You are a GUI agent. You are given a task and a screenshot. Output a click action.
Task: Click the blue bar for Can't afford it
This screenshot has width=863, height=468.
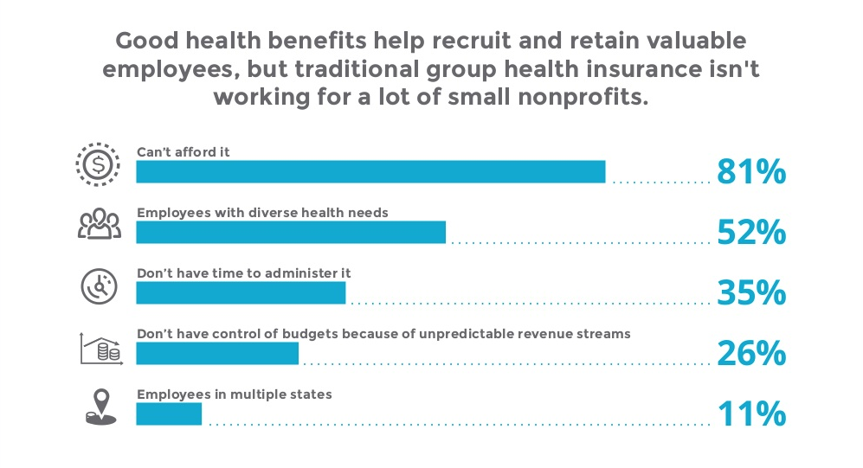pos(370,172)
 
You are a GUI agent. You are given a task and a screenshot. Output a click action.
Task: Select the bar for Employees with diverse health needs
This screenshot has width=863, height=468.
pos(291,233)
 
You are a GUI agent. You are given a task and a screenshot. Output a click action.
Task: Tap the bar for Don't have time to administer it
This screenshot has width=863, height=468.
pos(241,293)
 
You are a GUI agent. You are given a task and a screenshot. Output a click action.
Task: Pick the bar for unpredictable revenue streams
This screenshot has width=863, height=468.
pos(217,354)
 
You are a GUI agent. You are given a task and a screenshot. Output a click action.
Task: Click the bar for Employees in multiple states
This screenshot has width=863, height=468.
pos(169,414)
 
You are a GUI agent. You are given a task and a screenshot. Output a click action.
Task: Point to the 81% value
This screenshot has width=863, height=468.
pos(750,172)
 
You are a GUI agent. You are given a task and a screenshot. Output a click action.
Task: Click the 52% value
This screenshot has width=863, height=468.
pos(750,233)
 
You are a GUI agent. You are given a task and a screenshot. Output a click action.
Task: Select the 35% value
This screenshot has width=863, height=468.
pos(750,293)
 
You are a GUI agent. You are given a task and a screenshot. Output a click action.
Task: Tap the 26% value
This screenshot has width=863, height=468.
pos(750,354)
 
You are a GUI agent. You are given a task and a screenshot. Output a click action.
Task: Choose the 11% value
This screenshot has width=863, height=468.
pos(750,414)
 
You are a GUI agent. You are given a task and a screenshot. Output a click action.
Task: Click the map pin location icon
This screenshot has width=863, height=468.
pos(100,407)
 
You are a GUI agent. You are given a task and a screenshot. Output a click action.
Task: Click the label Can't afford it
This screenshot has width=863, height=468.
pos(184,152)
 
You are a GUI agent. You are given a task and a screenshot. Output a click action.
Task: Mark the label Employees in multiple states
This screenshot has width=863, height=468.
pos(235,394)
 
